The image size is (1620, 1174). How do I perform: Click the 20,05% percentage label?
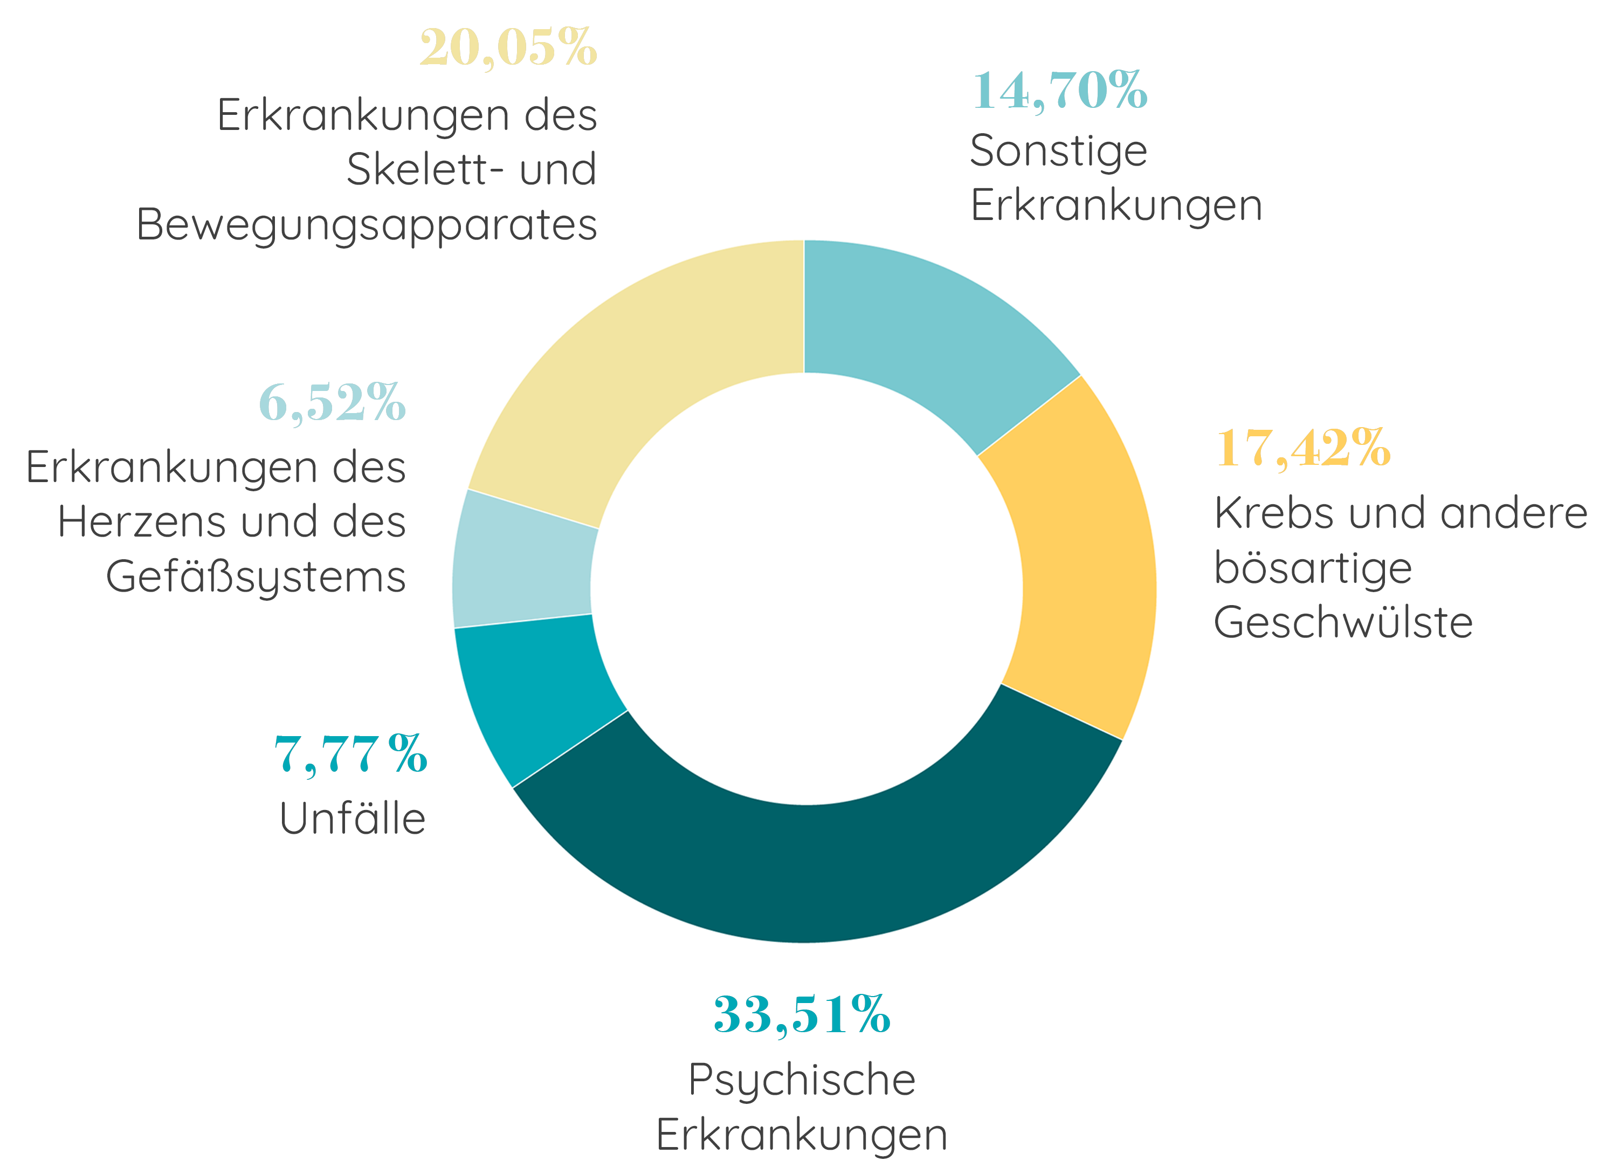click(x=508, y=47)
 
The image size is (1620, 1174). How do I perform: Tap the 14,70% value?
click(x=1059, y=91)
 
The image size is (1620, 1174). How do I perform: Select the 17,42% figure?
click(x=1303, y=448)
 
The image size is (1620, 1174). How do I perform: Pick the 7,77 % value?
click(x=351, y=754)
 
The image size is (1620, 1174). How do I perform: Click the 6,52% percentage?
click(x=332, y=402)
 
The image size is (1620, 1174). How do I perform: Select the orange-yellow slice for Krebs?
click(x=1086, y=565)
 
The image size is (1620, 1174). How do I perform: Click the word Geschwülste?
click(x=1343, y=622)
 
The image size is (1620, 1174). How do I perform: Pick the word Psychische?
click(x=802, y=1080)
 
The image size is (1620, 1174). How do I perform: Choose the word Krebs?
click(x=1273, y=513)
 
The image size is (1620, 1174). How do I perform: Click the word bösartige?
click(x=1313, y=568)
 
